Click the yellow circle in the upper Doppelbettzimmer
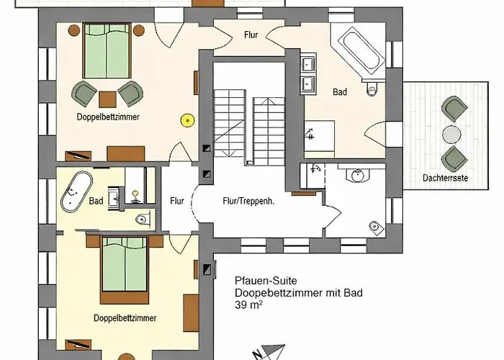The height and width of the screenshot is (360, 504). coord(188,120)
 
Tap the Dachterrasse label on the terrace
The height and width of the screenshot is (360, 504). coord(445,178)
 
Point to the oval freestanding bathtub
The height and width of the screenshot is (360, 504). coord(76,192)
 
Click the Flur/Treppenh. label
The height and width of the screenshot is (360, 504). coord(248,201)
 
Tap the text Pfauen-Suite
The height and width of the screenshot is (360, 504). coord(266,281)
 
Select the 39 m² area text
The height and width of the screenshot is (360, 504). coord(248,305)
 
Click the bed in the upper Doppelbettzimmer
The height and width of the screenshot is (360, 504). coord(107,50)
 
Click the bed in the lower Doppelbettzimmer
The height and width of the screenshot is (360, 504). coord(125,270)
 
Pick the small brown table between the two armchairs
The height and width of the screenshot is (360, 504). coord(107,99)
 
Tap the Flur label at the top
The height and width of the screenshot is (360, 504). coord(251,35)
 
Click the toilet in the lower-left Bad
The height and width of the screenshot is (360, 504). coord(143,219)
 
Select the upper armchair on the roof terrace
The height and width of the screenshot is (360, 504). coord(454,109)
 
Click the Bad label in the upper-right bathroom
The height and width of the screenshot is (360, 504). coord(340,92)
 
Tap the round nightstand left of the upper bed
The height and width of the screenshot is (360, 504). coord(74,30)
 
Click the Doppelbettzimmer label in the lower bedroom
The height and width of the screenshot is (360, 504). coord(125,318)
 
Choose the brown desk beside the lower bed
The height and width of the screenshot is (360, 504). coord(191,312)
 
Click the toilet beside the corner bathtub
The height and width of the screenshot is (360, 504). coord(372,89)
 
